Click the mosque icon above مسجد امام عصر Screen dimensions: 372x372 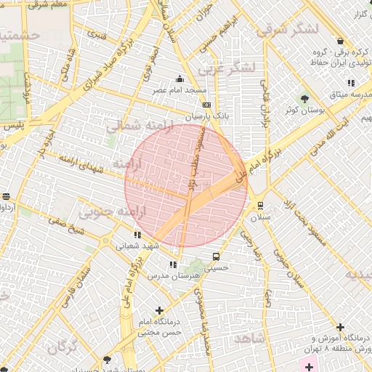coord(179,78)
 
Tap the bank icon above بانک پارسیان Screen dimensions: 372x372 coord(205,105)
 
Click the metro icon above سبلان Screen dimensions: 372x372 coord(257,206)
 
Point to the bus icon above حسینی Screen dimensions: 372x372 coord(216,256)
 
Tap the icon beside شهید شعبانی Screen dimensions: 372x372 coord(137,235)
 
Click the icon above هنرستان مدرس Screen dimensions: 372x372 coord(173,265)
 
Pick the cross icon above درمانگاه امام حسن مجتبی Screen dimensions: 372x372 coord(159,310)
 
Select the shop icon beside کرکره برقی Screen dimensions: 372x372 coord(341,41)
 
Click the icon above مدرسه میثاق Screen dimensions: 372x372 coord(352,83)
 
